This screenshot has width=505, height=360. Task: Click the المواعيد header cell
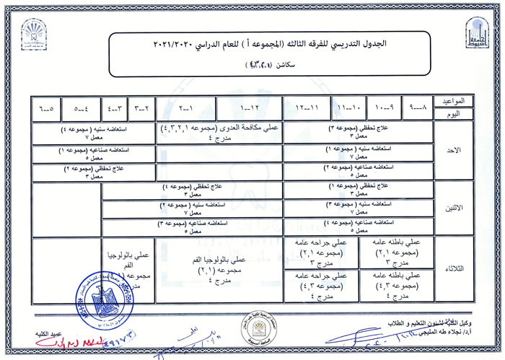(453, 102)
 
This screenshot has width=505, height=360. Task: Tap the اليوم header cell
(453, 115)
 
